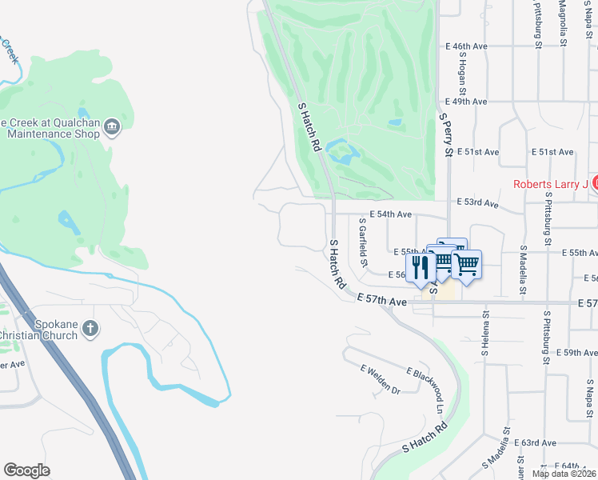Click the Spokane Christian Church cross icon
pos(91,328)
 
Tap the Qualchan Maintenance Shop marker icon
pos(113,125)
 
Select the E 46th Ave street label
pos(469,47)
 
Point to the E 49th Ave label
pos(469,102)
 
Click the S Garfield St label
pos(365,242)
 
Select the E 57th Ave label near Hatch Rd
pos(382,299)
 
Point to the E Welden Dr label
pos(381,379)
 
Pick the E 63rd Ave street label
pos(535,442)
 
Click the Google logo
pos(27,470)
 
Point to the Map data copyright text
pos(563,474)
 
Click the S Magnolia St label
pos(564,24)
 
